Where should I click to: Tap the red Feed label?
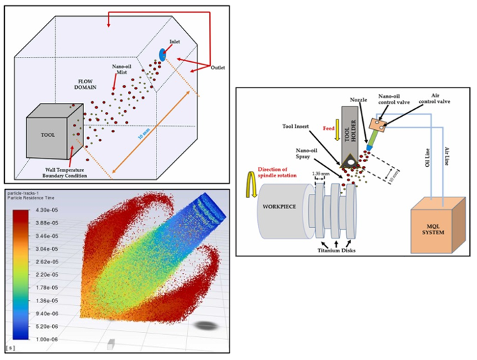click(330, 129)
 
